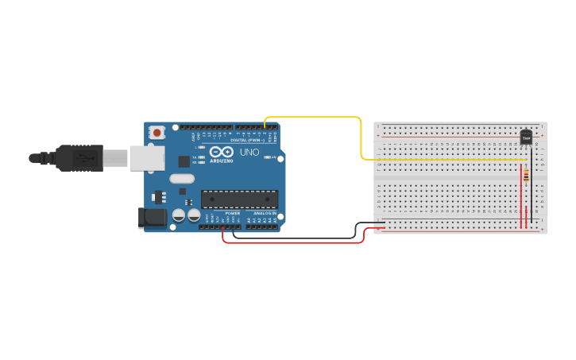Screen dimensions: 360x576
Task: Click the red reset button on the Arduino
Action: tap(157, 133)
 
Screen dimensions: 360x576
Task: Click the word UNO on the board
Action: tap(249, 152)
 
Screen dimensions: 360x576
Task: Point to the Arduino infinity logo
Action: tap(222, 152)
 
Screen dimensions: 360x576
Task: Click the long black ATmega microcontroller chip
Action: tap(239, 199)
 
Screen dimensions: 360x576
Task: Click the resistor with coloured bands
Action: tap(527, 175)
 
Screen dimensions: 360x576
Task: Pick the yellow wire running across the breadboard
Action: tap(445, 160)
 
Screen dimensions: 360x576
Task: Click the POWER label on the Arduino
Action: tap(232, 213)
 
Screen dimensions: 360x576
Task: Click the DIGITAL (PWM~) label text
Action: tap(245, 140)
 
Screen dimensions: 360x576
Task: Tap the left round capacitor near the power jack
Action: tap(180, 215)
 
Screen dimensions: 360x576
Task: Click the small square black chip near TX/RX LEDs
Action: tap(184, 161)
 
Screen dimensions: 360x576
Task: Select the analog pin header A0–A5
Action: tap(262, 227)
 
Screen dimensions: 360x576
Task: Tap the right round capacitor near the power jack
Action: tap(194, 215)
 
